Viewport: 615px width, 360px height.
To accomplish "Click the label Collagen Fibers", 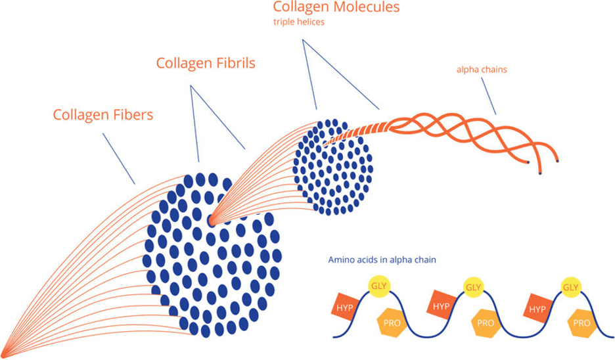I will pos(102,115).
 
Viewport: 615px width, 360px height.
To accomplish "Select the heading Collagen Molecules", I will pos(337,9).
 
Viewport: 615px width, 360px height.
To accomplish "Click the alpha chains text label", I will pos(481,69).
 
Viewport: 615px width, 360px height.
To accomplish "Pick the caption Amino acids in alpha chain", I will pos(383,259).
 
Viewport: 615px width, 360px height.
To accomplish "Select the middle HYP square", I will pos(442,306).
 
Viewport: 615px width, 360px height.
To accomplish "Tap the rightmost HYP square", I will pos(538,307).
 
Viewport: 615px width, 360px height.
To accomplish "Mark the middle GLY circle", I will pos(473,287).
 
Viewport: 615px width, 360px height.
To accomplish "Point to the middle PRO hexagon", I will pos(486,323).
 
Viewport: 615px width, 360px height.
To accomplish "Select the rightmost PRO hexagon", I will pos(581,323).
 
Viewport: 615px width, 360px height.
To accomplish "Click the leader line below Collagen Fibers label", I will pos(118,158).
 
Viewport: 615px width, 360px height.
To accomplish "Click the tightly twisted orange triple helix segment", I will pos(365,131).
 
